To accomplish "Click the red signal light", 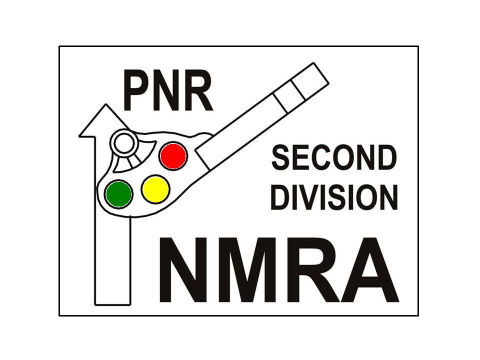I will [x=173, y=156].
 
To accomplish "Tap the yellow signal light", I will [x=155, y=189].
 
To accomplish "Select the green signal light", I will [x=119, y=194].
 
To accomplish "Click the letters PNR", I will [x=168, y=92].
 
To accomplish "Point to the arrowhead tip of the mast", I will [x=106, y=106].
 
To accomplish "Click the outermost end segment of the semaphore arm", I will [x=311, y=80].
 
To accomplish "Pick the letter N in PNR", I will [x=167, y=92].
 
